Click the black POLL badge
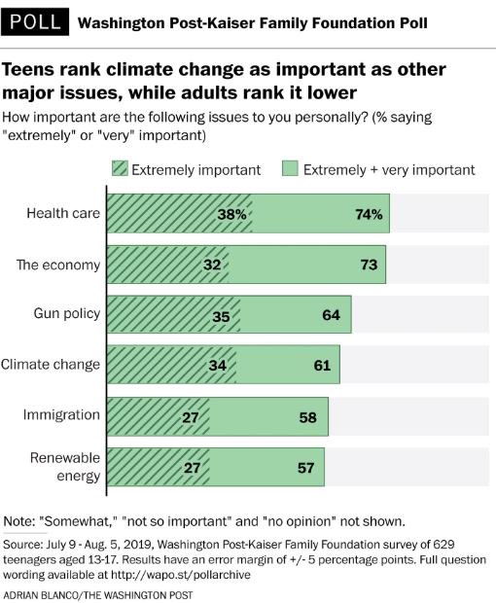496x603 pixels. pos(34,20)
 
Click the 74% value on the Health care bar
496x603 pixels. pos(368,214)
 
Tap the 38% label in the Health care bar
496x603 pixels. pos(232,214)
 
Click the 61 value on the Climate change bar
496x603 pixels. pos(322,365)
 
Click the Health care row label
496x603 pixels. pos(64,213)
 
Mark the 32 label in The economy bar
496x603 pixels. pos(210,264)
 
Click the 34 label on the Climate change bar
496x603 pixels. pos(217,365)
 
